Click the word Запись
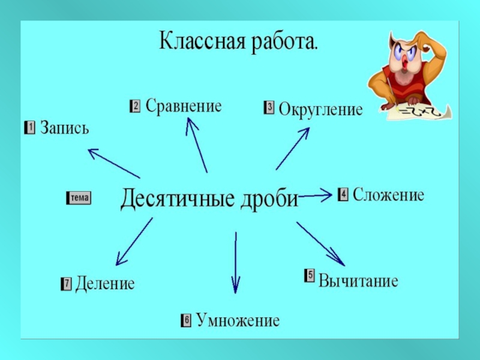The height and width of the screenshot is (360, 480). click(64, 129)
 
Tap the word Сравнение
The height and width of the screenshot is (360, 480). click(184, 107)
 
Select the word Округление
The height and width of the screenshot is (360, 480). click(320, 109)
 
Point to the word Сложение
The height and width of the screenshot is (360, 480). click(388, 195)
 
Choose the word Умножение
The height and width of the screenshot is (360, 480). click(238, 320)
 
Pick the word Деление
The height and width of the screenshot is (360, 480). click(105, 284)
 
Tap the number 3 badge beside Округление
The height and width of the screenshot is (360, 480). click(269, 108)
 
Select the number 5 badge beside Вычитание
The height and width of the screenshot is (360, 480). click(310, 276)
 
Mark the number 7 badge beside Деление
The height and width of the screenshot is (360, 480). click(67, 284)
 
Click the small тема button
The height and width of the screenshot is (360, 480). click(79, 198)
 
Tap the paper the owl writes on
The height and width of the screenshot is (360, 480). click(419, 111)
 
